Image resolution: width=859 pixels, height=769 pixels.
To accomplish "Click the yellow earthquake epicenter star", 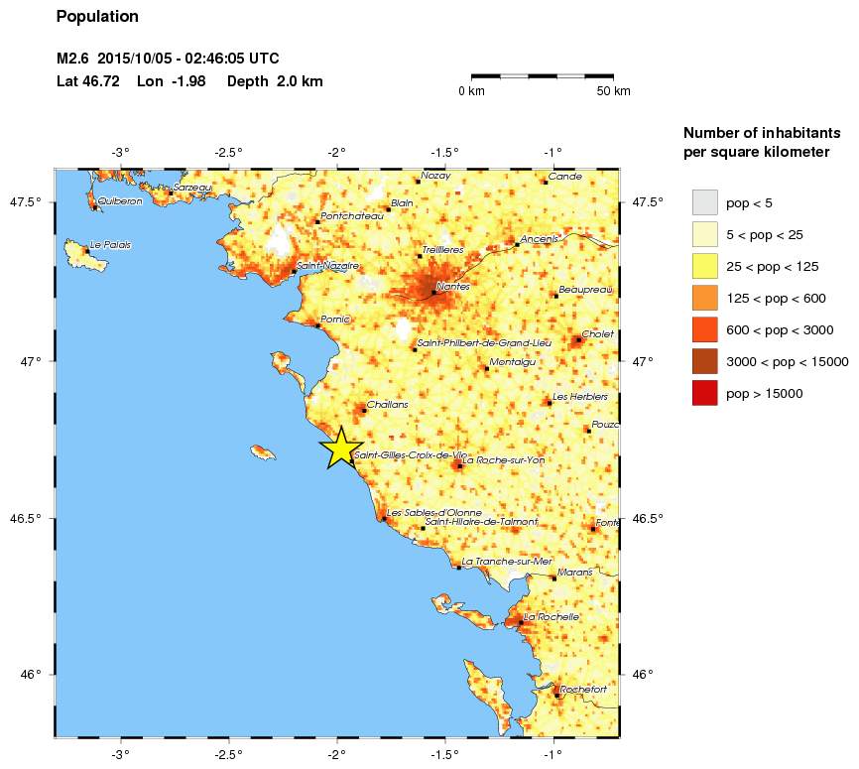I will point(340,448).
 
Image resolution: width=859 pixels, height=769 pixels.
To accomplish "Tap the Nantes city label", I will point(453,287).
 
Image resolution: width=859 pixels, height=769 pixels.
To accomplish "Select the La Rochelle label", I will point(551,617).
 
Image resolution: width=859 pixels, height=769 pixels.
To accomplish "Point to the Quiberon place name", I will point(121,201).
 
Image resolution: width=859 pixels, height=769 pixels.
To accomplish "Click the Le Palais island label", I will point(110,245).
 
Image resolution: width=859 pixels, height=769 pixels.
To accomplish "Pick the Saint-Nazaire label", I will point(327,266).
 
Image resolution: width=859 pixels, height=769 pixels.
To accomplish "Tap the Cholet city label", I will point(598,334).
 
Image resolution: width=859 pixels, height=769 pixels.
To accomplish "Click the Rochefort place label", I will point(583,689).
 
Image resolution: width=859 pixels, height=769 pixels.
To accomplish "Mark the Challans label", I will point(387,405).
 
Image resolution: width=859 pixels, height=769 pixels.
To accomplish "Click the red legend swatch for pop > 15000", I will point(704,394).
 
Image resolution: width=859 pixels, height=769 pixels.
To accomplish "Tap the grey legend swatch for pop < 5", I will point(704,203).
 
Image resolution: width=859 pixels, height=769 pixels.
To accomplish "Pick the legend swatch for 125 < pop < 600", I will point(704,299).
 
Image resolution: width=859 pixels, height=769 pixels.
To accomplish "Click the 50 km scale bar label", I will point(613,91).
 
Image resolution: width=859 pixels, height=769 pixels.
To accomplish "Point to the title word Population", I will point(97,17).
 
